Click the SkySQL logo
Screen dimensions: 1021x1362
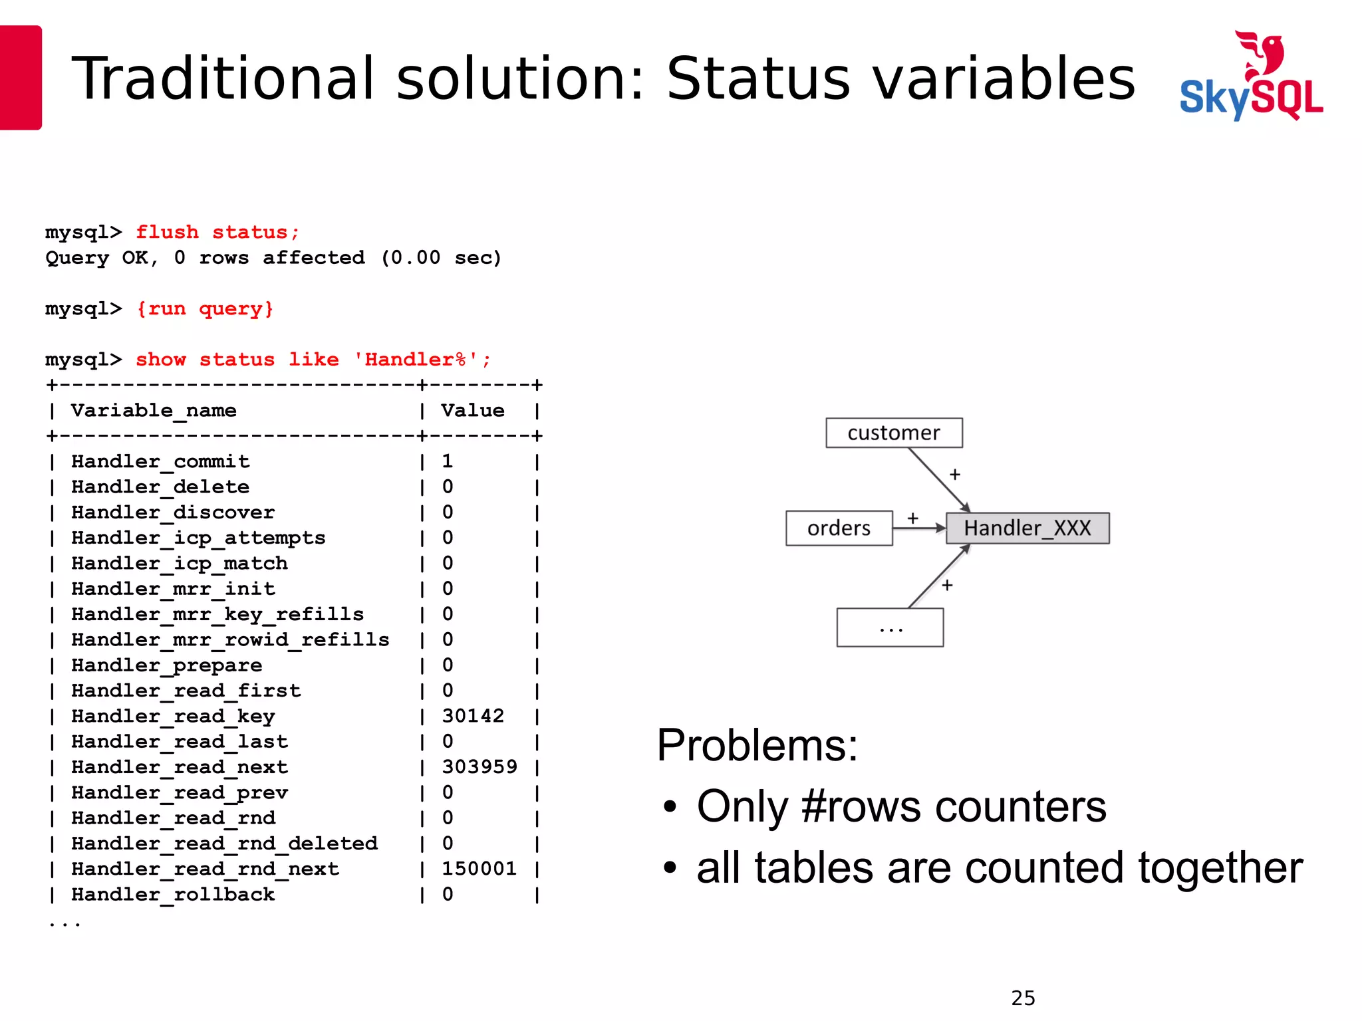1251,76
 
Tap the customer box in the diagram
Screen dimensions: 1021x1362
893,433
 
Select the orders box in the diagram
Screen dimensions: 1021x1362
839,528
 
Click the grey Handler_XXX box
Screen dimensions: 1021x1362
1027,528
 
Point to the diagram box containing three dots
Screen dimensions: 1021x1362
890,627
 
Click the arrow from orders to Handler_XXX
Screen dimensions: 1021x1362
918,528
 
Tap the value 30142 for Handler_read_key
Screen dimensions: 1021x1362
473,716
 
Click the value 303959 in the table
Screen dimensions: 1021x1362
479,767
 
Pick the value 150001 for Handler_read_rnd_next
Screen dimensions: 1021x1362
479,869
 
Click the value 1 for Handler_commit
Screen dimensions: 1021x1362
448,461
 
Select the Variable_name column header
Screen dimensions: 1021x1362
154,411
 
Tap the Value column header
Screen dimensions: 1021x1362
473,411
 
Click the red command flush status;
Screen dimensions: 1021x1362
217,232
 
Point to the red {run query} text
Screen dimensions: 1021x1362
205,309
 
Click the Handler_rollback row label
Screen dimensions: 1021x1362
173,895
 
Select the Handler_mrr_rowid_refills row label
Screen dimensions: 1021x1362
230,640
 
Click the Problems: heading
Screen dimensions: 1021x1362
757,745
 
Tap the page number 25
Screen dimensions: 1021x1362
1023,998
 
